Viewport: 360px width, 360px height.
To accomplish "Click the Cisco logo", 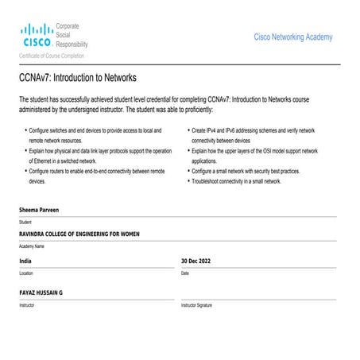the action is [x=37, y=37].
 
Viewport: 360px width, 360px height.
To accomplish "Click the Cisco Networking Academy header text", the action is [x=292, y=37].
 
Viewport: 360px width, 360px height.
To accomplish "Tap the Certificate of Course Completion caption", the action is [x=52, y=56].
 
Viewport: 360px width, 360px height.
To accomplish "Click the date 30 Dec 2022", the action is [x=195, y=261].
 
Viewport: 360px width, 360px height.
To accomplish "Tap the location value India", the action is [x=25, y=261].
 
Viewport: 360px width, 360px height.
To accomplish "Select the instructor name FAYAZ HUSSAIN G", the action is [x=41, y=292].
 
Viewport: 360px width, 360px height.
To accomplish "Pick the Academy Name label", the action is [x=32, y=246].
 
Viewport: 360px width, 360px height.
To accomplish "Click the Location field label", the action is [x=26, y=273].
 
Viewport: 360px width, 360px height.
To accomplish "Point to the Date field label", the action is [x=185, y=273].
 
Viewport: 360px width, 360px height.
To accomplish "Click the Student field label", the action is [x=25, y=222].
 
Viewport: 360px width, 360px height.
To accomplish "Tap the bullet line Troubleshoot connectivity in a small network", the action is [x=237, y=181].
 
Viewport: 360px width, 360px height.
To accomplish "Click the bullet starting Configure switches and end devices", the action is [x=94, y=130].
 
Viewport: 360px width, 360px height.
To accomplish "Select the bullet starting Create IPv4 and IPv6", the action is [x=253, y=130].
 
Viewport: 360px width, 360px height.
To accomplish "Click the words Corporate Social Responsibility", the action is [x=72, y=36].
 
